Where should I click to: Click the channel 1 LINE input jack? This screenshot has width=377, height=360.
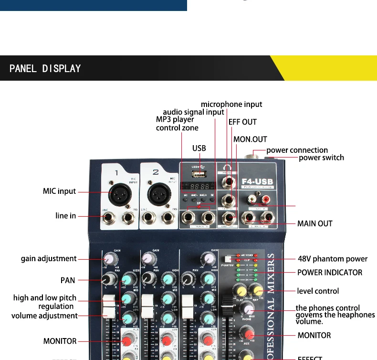click(x=110, y=218)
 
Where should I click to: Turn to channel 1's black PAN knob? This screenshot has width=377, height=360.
click(x=111, y=278)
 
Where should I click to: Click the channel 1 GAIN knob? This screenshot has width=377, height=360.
click(x=110, y=259)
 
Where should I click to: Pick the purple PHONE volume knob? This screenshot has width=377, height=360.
click(x=246, y=308)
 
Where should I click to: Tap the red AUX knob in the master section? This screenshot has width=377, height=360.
click(x=246, y=332)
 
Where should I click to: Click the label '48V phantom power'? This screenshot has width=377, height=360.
click(x=332, y=259)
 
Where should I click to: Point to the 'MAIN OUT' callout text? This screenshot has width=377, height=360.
click(x=314, y=223)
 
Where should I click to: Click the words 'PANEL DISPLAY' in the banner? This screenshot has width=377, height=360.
click(x=45, y=68)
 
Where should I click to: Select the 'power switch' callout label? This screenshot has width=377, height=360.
click(x=321, y=158)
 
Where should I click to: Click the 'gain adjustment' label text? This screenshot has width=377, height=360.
click(x=49, y=258)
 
